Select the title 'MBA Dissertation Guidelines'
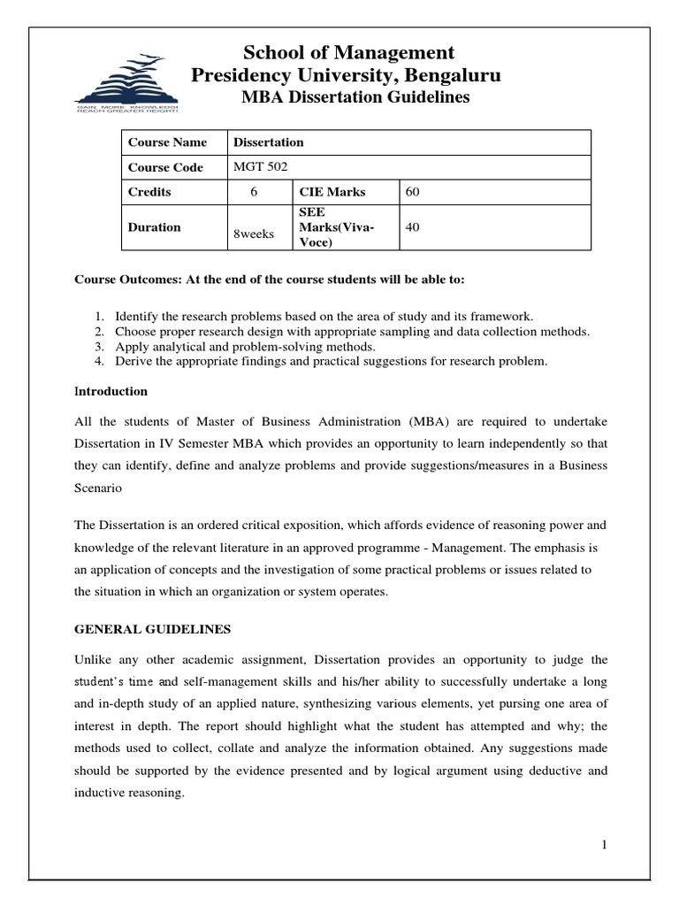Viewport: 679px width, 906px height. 355,97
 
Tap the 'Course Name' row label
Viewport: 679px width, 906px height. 167,142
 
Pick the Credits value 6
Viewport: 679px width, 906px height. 256,192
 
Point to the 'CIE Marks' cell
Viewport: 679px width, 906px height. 332,192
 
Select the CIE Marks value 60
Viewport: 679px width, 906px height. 412,192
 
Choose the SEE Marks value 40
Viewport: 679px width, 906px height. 412,227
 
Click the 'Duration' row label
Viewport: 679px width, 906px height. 154,227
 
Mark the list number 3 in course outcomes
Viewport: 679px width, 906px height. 99,347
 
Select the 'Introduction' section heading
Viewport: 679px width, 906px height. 111,391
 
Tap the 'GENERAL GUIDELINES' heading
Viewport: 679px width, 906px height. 153,629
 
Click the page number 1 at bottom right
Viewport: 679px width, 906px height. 604,845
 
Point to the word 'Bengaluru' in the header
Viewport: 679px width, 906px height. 459,76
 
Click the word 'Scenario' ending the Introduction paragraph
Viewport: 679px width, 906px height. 98,488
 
